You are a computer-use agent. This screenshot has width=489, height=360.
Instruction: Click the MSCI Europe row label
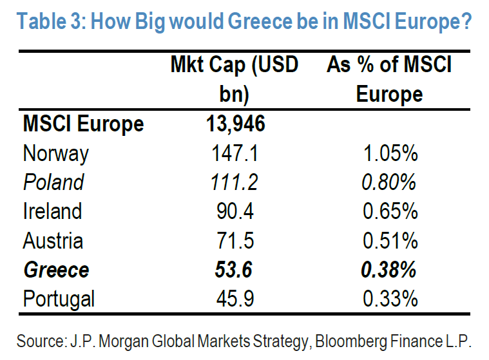(x=84, y=124)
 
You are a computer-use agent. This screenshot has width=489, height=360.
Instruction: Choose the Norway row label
(x=55, y=153)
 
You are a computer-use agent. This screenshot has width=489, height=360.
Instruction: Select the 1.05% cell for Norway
(x=390, y=153)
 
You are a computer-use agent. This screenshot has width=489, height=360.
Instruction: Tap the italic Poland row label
(x=53, y=182)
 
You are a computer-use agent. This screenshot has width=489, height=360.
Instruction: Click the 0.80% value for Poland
(x=388, y=182)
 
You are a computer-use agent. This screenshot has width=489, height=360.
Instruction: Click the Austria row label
(x=53, y=241)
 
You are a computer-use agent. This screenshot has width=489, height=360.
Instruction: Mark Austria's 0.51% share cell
(x=390, y=241)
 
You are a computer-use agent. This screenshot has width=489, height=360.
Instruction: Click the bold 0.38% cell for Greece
(x=388, y=270)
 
